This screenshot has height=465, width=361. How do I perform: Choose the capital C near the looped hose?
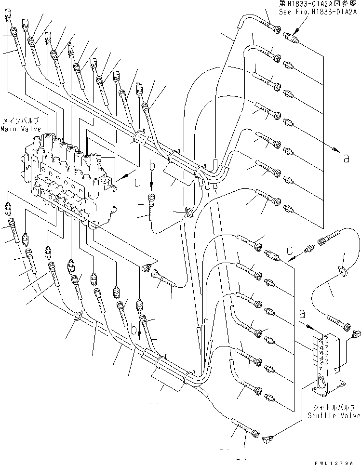point(290,251)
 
